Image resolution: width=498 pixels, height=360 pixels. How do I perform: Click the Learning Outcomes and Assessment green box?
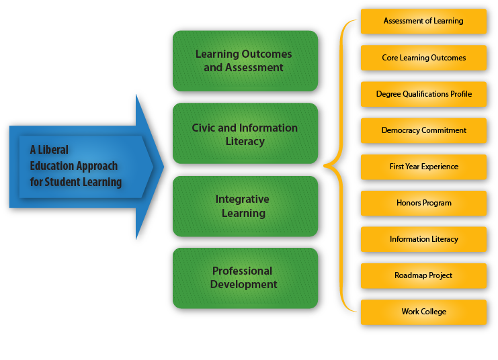click(x=245, y=60)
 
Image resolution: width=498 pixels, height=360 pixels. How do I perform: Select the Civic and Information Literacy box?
click(x=245, y=134)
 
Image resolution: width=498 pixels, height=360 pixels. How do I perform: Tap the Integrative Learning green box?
click(x=245, y=206)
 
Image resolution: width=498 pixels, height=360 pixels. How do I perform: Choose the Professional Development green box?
click(x=245, y=277)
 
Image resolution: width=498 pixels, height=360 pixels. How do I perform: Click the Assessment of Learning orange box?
click(x=423, y=21)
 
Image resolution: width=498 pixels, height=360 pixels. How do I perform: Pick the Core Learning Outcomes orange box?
click(x=423, y=58)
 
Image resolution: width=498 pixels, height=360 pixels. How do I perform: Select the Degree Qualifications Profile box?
click(x=423, y=94)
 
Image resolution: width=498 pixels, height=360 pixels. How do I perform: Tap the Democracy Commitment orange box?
click(x=423, y=130)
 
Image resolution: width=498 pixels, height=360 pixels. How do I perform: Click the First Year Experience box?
click(x=423, y=167)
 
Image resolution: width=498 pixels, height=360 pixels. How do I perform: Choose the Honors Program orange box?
click(x=423, y=203)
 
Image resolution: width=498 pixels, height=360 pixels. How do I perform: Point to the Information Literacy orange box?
click(x=423, y=239)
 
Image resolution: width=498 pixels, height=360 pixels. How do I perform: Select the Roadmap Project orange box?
click(x=423, y=275)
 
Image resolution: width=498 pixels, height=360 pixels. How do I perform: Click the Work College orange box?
click(x=423, y=312)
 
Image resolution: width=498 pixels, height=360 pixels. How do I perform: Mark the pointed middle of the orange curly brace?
click(x=325, y=165)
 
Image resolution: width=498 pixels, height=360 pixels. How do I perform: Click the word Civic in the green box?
click(x=206, y=128)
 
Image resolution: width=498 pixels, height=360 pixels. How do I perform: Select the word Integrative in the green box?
click(x=242, y=199)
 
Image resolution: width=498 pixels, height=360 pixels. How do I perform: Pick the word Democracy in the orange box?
click(x=401, y=130)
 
